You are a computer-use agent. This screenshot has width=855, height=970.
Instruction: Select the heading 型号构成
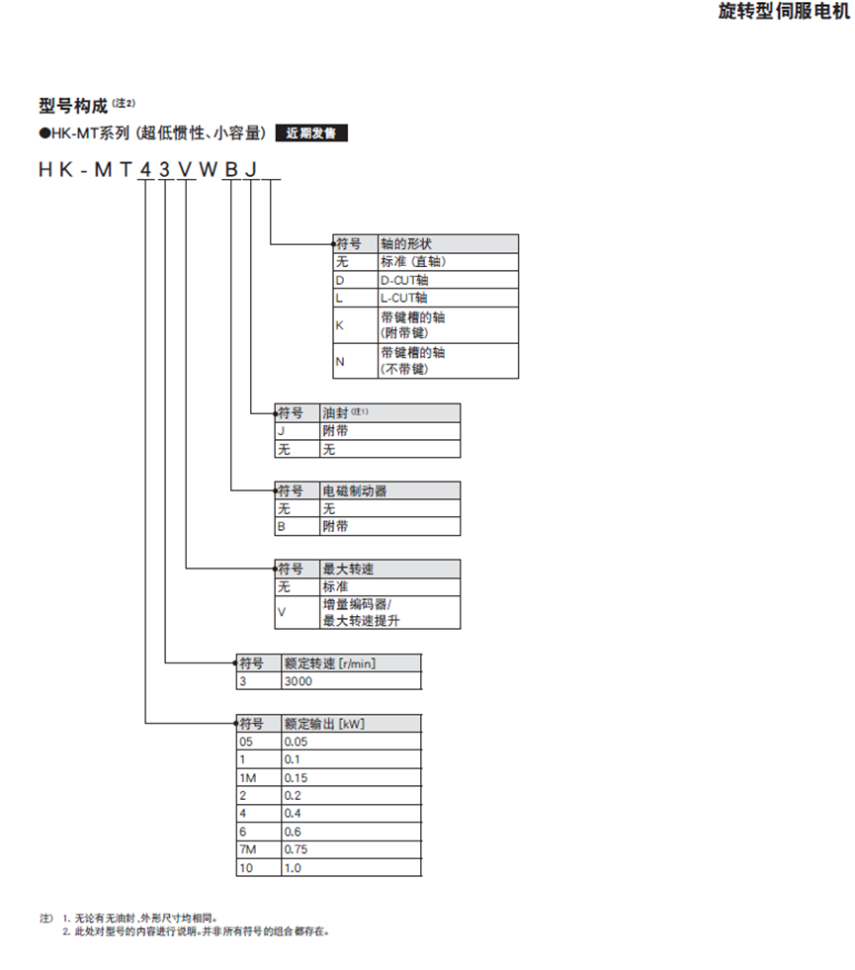pyautogui.click(x=73, y=106)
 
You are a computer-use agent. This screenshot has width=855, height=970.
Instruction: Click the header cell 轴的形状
pyautogui.click(x=406, y=243)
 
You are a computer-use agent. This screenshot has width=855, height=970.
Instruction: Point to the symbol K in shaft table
pyautogui.click(x=340, y=325)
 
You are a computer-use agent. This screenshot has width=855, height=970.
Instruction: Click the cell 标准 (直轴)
pyautogui.click(x=412, y=262)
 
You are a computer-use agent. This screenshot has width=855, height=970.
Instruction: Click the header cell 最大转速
pyautogui.click(x=348, y=570)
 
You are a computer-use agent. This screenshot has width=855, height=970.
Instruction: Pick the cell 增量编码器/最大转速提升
pyautogui.click(x=361, y=613)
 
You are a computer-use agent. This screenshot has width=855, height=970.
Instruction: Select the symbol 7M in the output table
pyautogui.click(x=248, y=849)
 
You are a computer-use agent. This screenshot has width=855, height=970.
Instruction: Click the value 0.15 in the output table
pyautogui.click(x=297, y=777)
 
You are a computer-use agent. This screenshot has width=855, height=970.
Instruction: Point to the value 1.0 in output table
pyautogui.click(x=293, y=867)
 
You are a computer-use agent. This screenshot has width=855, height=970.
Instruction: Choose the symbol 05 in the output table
pyautogui.click(x=246, y=742)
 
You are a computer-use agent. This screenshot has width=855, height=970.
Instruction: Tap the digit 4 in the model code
pyautogui.click(x=145, y=170)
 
